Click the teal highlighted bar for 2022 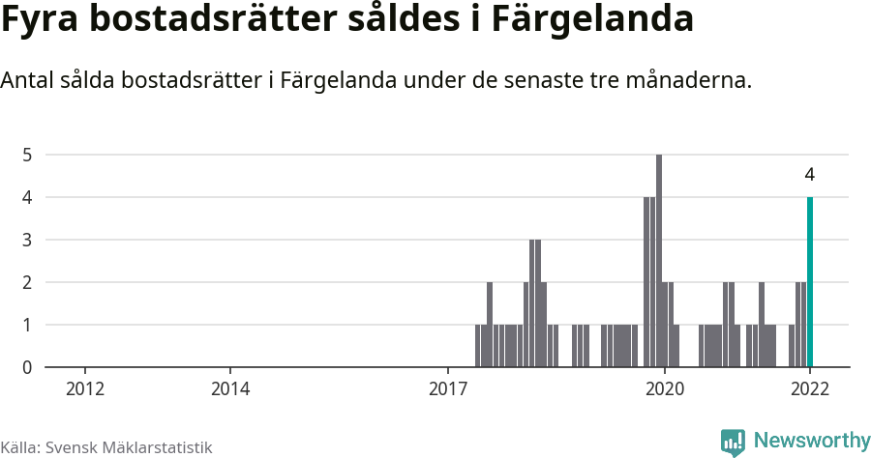[x=810, y=282]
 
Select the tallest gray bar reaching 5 [x=659, y=261]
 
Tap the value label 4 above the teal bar [x=809, y=175]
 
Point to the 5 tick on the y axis [x=28, y=155]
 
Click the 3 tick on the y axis [x=28, y=240]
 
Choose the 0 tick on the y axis [x=28, y=367]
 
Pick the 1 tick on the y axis [x=28, y=325]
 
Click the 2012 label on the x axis [x=85, y=389]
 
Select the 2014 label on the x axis [x=230, y=389]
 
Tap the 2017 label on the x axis [x=448, y=389]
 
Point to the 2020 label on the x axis [x=665, y=389]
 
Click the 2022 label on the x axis [x=810, y=389]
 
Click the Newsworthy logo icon [x=733, y=442]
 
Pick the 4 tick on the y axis [x=28, y=197]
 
